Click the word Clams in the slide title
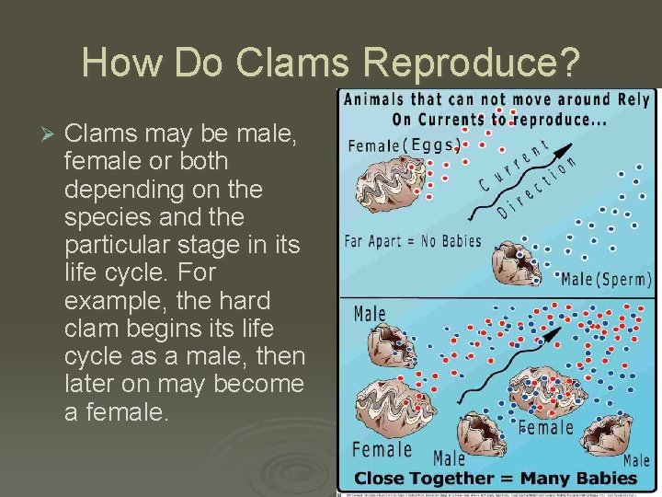[278, 63]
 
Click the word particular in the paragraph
[117, 246]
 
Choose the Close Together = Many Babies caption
[495, 478]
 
